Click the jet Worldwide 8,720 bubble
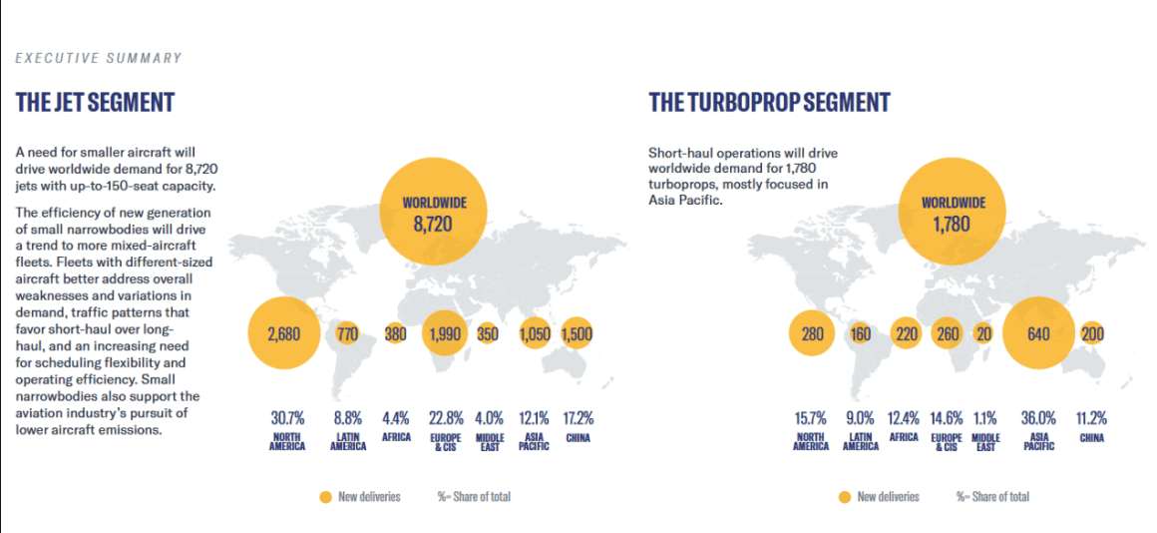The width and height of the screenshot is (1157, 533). (434, 214)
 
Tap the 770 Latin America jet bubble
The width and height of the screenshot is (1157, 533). (347, 334)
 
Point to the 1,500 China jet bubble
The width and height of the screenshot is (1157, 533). (578, 334)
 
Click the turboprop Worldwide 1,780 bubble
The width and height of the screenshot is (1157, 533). (953, 214)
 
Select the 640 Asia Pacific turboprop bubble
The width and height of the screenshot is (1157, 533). (1038, 334)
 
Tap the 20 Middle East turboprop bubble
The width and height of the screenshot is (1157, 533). (984, 334)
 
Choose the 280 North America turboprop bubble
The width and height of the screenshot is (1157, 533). (813, 334)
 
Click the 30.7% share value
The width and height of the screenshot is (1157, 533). (287, 417)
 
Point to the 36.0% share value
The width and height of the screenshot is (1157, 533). (1039, 417)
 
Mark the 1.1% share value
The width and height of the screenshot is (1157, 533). (985, 417)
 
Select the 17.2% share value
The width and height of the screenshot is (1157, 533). (578, 417)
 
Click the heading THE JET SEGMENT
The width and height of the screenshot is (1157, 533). (95, 102)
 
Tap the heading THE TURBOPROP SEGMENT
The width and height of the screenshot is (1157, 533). (769, 102)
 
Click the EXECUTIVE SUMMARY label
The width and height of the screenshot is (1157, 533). (99, 58)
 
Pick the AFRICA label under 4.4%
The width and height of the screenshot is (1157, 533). (396, 437)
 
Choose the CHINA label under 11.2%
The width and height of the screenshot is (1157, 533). (1092, 437)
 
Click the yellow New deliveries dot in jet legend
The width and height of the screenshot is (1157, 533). (324, 496)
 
